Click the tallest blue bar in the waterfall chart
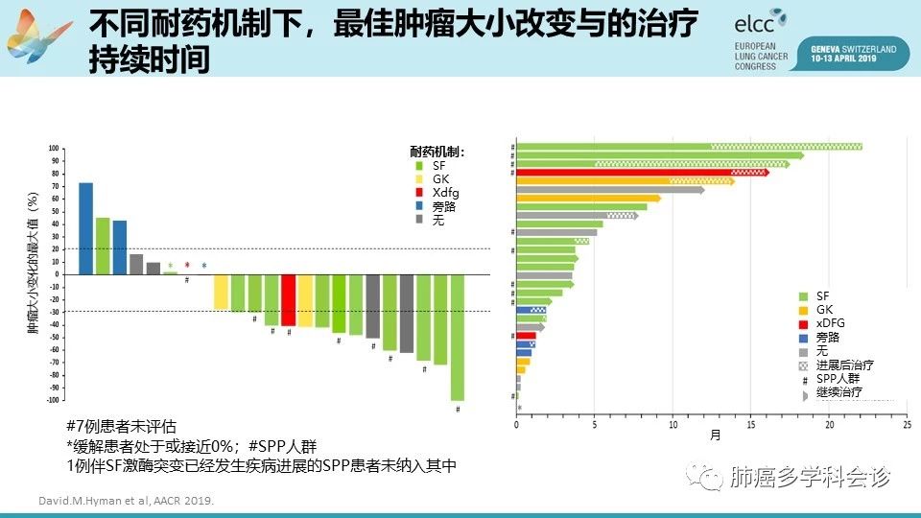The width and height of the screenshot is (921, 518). coord(85,228)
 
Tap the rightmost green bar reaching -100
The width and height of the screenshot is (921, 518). coord(458,337)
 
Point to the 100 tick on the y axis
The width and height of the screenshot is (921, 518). coord(55,149)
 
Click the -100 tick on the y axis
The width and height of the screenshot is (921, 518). coord(54,400)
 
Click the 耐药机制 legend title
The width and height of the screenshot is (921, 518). coord(437,152)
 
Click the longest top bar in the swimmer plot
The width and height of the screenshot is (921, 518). coord(688,147)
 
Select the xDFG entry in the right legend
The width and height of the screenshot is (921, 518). coord(830,323)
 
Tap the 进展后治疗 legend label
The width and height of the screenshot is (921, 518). coord(844,365)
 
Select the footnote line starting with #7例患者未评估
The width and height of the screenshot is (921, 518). coord(122,426)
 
